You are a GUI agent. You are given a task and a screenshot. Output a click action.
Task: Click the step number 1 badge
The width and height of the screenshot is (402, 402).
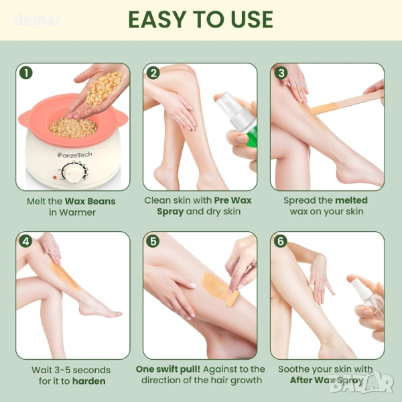point(26,73)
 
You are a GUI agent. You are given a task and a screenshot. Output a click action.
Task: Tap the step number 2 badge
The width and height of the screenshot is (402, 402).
point(153,73)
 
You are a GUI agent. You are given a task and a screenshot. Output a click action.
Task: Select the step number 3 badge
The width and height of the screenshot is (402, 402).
point(281,73)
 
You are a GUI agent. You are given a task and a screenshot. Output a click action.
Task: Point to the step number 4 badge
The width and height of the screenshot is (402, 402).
point(26,241)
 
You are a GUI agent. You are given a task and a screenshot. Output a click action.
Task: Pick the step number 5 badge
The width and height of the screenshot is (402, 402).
point(153,241)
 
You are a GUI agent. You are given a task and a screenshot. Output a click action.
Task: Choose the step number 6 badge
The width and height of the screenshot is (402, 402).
point(281,241)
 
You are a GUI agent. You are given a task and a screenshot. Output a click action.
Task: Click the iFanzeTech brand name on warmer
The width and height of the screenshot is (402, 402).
point(74,155)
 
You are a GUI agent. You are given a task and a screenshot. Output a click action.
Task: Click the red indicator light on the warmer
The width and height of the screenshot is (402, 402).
point(55,177)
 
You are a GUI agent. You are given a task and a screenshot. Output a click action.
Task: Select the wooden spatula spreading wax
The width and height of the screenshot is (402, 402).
point(346,103)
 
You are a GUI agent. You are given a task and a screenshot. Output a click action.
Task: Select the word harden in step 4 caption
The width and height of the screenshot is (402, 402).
point(88,381)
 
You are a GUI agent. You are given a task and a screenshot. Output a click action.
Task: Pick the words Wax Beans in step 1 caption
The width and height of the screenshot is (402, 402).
point(90,201)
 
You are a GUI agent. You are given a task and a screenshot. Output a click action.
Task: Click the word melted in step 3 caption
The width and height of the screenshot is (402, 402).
point(351,200)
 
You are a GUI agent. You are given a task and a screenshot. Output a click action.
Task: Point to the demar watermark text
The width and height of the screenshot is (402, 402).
point(38,21)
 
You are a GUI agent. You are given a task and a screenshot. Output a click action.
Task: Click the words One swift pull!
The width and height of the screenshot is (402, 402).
point(168,369)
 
